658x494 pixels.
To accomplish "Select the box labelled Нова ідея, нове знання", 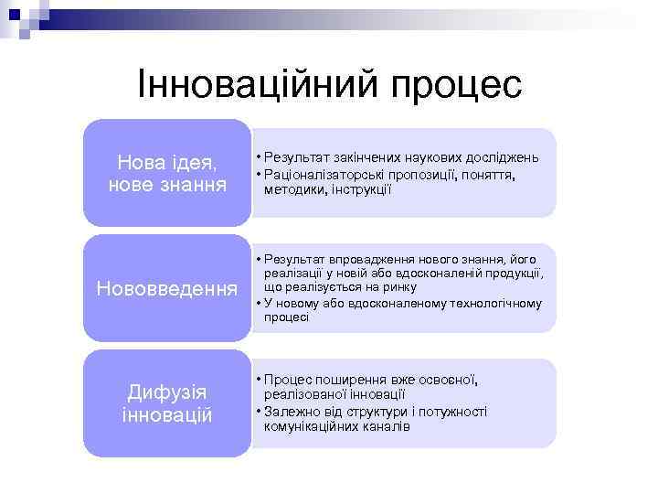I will pos(166,173).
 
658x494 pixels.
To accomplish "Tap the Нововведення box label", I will pos(166,288).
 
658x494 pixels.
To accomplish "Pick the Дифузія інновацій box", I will pos(166,403).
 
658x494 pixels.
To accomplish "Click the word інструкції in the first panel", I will pos(366,189).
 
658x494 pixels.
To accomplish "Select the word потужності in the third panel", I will pos(455,412).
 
